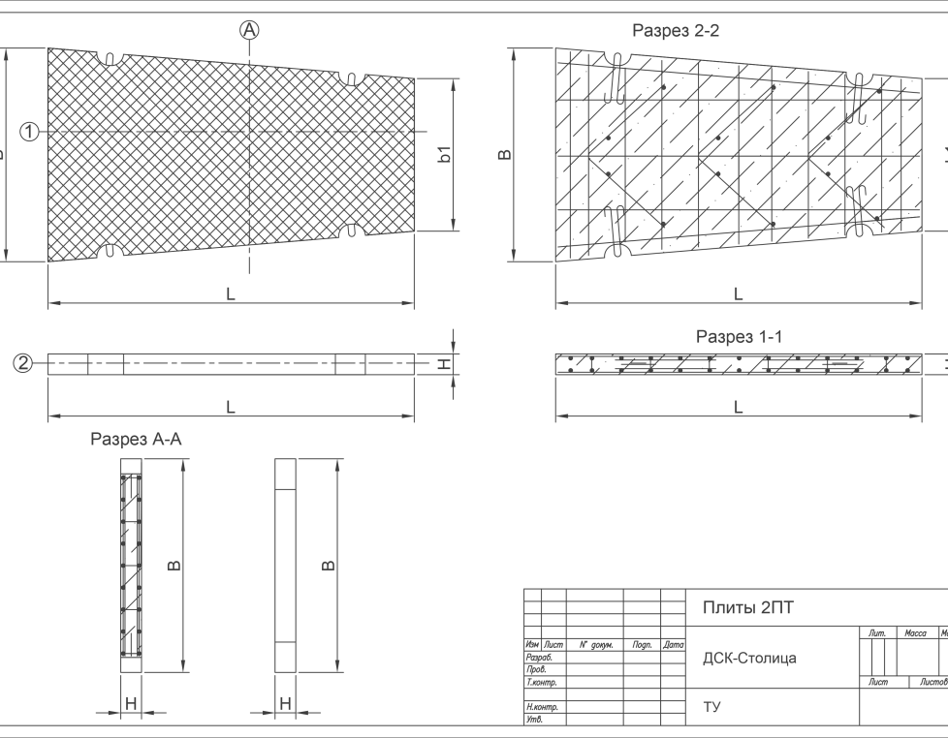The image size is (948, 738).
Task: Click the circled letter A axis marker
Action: click(x=250, y=31)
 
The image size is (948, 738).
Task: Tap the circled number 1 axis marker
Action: click(x=30, y=132)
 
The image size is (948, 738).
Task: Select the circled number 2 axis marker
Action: click(x=23, y=364)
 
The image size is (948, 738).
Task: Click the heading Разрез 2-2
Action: click(x=676, y=31)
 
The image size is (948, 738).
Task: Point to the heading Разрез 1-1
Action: click(x=739, y=336)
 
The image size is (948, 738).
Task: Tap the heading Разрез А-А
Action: click(x=136, y=440)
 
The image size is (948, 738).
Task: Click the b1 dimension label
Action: click(x=444, y=154)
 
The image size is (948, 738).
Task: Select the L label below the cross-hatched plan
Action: click(x=231, y=293)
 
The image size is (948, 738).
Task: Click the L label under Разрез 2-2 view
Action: click(x=739, y=293)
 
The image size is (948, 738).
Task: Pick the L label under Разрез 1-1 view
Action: click(x=739, y=408)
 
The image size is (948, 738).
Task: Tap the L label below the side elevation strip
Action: click(x=231, y=408)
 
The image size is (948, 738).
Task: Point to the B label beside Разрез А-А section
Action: click(x=174, y=566)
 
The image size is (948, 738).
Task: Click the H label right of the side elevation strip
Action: click(x=444, y=364)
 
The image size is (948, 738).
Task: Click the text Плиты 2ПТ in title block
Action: click(x=747, y=608)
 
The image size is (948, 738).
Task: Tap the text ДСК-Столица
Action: click(x=749, y=659)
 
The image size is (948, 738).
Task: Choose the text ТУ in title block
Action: click(x=711, y=707)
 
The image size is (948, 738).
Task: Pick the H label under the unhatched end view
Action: click(x=285, y=703)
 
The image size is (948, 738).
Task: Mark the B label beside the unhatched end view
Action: click(x=329, y=566)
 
